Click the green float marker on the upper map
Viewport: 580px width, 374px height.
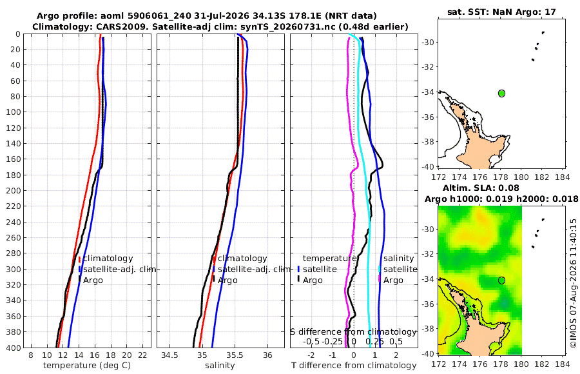coord(501,93)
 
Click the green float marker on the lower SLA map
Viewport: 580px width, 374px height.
coord(501,280)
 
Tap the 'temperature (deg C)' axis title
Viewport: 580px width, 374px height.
coord(87,366)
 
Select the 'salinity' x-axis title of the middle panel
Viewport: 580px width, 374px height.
coord(220,366)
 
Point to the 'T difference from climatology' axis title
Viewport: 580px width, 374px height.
coord(354,366)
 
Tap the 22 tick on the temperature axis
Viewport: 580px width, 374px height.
coord(143,355)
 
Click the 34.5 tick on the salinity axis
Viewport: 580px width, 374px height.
coord(169,355)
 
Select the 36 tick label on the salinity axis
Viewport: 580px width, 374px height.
coord(267,355)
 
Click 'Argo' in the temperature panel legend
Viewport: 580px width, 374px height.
coord(93,280)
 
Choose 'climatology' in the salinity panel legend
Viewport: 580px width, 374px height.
coord(242,259)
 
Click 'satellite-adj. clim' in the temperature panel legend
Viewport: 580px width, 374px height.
coord(119,269)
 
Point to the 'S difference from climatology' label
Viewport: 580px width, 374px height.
coord(354,332)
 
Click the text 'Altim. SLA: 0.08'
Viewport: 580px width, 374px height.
coord(481,188)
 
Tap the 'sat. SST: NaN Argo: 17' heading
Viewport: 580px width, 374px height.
coord(501,12)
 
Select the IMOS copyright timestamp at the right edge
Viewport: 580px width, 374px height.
coord(574,283)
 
